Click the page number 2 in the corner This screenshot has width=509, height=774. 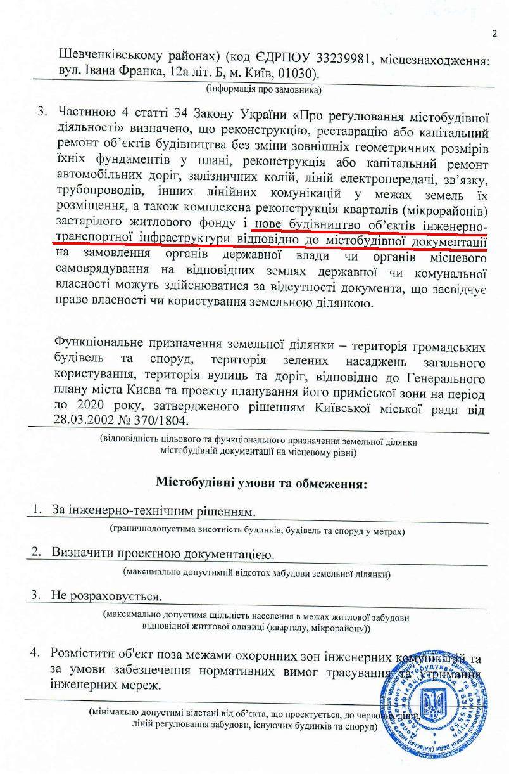click(494, 34)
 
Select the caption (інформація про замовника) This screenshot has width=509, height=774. click(265, 89)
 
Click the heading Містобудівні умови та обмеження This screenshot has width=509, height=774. click(261, 483)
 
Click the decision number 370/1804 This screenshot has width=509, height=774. click(161, 421)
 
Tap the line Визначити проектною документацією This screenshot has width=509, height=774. click(163, 553)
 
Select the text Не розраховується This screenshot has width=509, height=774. click(106, 597)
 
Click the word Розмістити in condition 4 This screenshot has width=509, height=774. click(84, 654)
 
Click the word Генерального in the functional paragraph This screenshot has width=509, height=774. click(446, 378)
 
